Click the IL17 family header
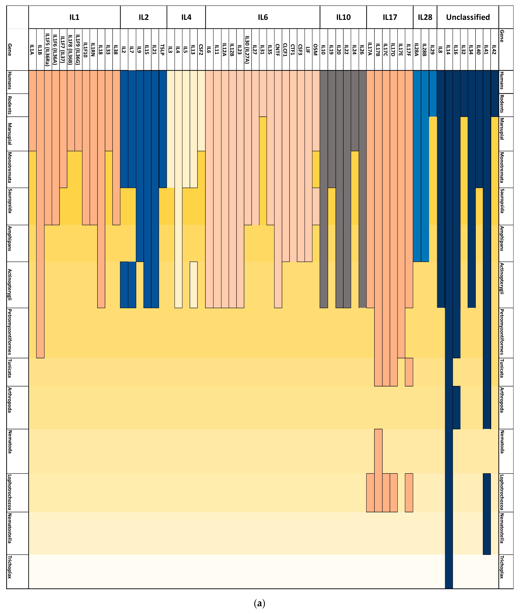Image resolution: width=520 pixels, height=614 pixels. pos(390,17)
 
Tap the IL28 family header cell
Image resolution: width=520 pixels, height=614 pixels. pos(425,17)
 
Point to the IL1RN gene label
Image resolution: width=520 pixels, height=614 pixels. pos(93,49)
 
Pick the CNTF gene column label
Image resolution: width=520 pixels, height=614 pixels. pos(278,49)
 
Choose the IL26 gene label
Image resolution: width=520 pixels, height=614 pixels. pos(362,49)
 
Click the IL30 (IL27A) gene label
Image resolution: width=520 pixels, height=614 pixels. pos(247,49)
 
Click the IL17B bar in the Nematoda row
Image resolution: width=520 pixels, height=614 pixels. pos(378,451)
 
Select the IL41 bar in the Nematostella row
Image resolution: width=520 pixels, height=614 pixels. pos(487,533)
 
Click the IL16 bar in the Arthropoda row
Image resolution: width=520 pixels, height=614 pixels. pos(456,407)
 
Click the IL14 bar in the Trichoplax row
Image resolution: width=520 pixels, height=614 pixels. pos(448,571)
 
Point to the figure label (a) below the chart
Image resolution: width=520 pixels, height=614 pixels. pos(259,603)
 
